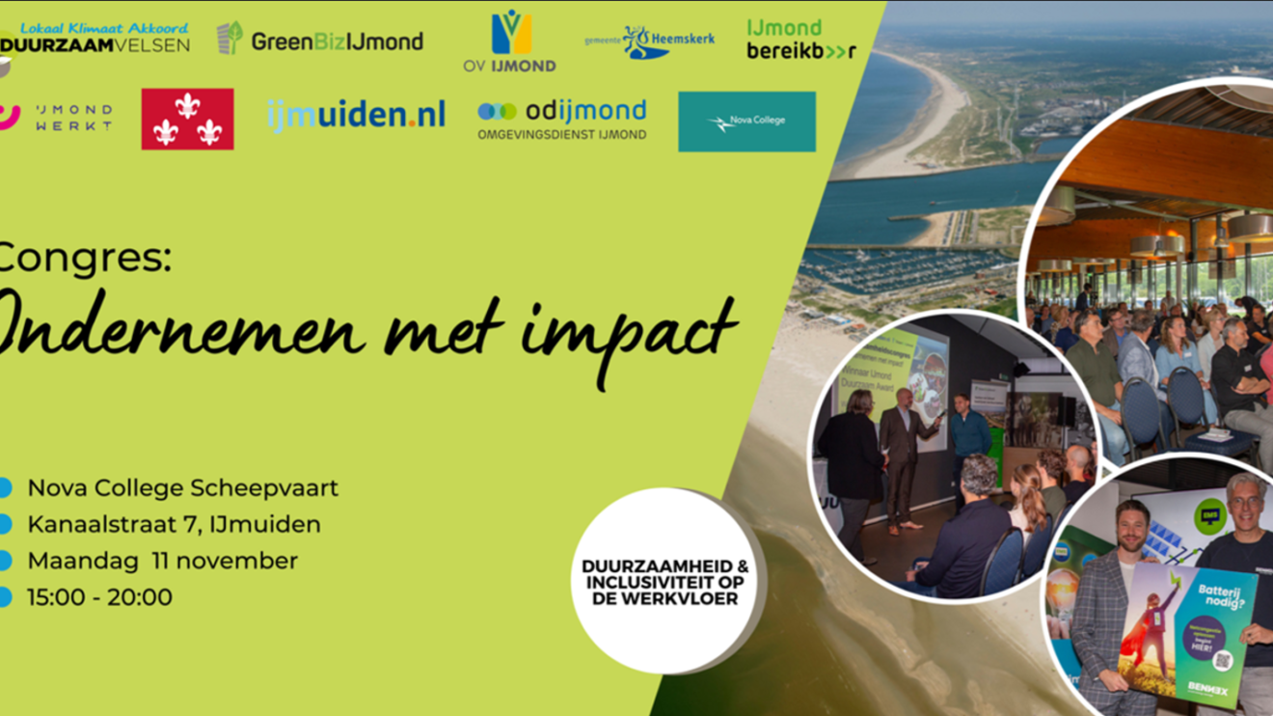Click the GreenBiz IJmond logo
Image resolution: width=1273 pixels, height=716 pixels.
click(320, 41)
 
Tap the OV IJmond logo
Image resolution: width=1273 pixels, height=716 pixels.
click(510, 41)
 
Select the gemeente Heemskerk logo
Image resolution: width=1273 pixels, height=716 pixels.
click(650, 41)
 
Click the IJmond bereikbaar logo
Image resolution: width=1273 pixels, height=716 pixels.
click(799, 40)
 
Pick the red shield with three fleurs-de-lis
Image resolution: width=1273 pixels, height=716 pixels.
click(187, 119)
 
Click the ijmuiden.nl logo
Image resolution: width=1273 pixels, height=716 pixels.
click(356, 116)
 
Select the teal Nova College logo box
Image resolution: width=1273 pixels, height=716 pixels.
click(746, 122)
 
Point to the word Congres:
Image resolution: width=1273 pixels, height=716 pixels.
click(85, 259)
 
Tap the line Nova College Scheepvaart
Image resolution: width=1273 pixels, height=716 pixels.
click(182, 488)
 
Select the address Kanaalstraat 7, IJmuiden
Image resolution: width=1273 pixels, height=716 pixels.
click(174, 525)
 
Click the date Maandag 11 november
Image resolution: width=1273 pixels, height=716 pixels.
click(162, 561)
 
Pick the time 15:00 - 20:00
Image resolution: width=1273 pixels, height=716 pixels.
click(99, 597)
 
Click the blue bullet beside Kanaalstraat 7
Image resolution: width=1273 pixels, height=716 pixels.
click(5, 525)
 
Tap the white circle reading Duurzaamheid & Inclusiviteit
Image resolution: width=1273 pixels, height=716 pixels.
click(664, 582)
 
